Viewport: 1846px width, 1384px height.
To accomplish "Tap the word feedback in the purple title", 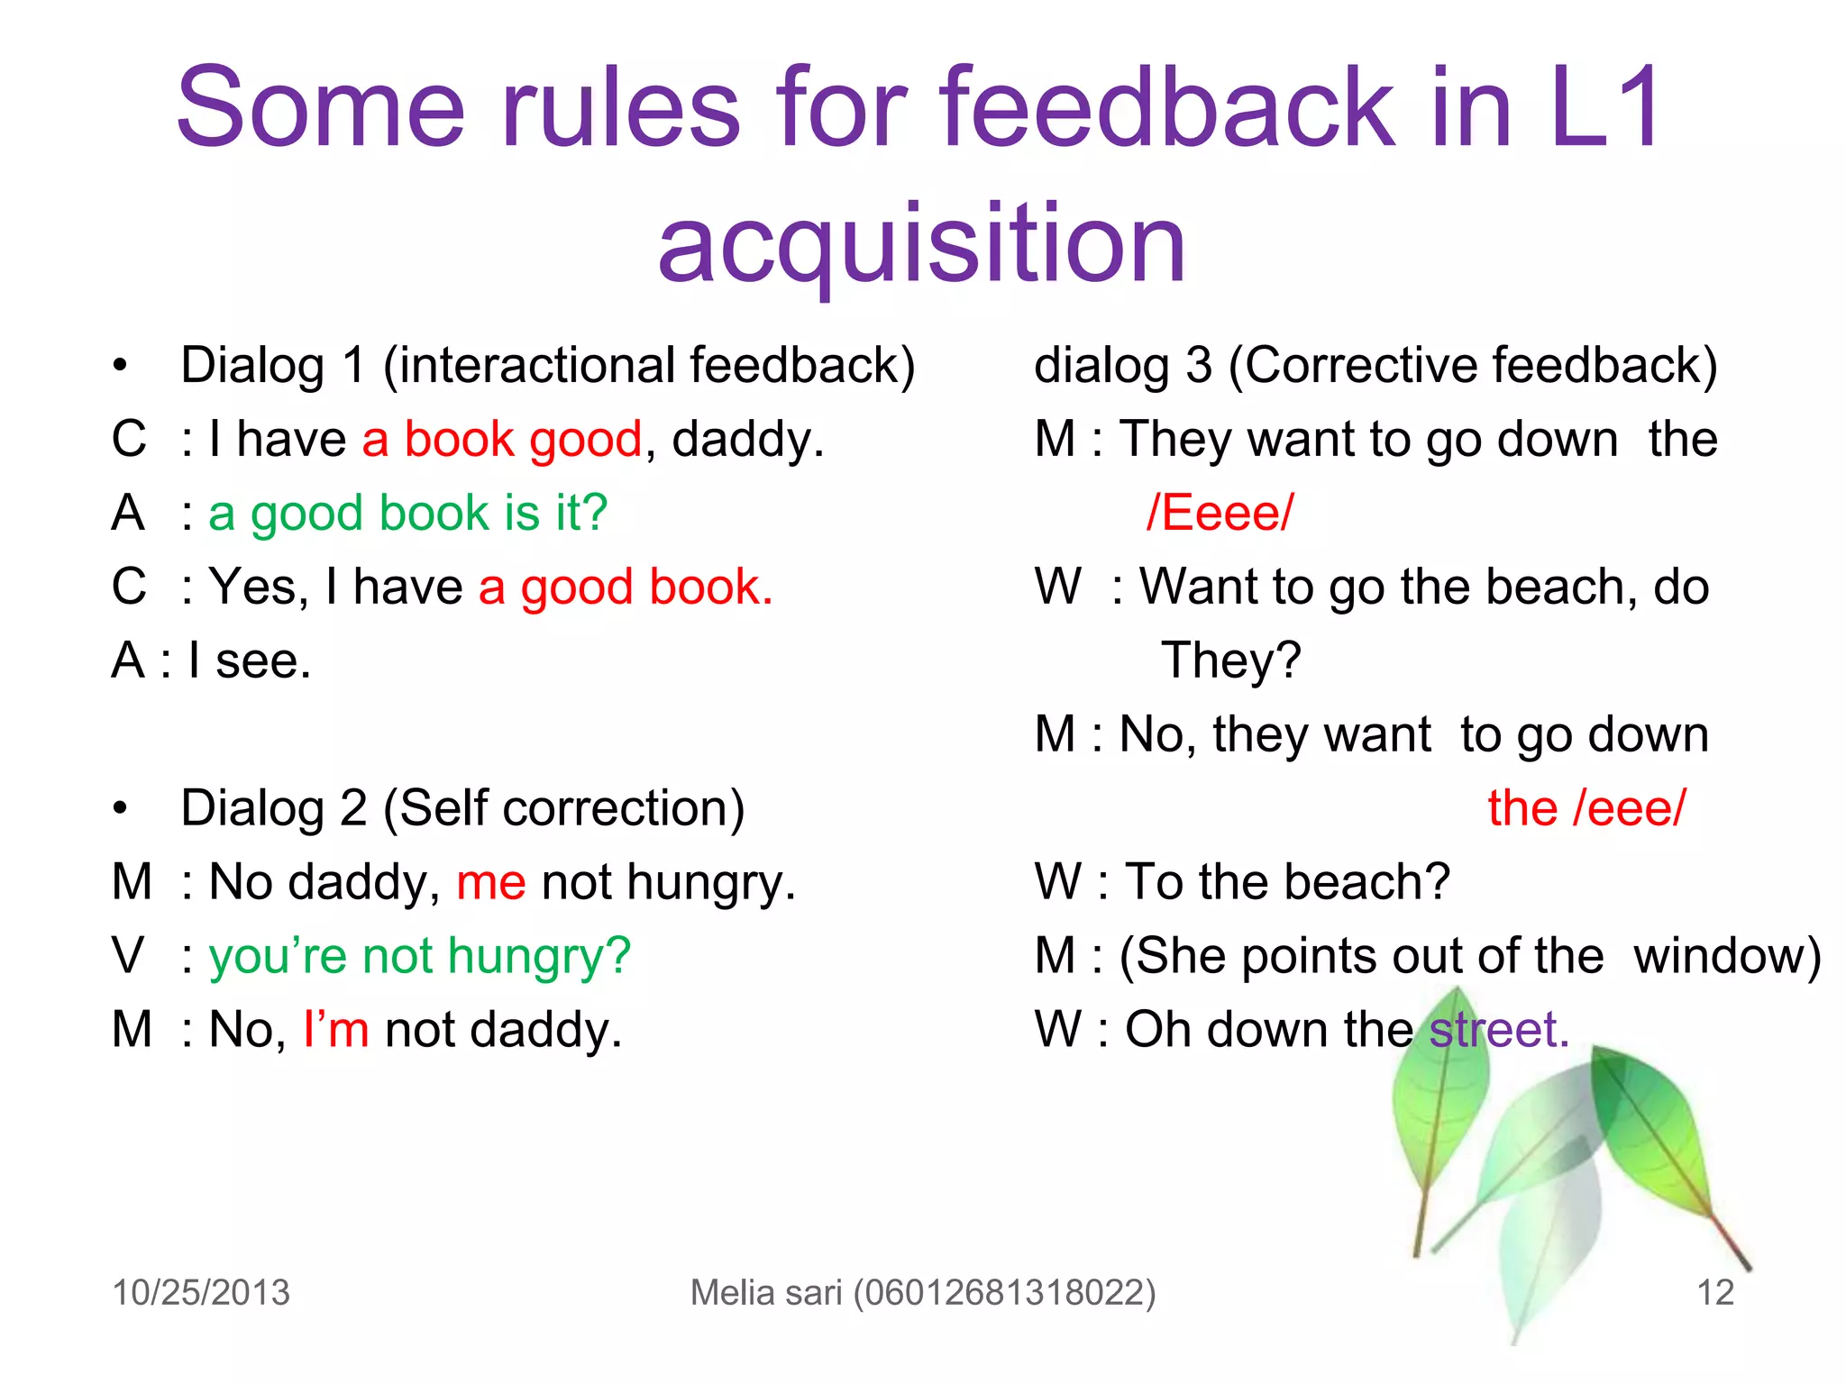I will point(1166,108).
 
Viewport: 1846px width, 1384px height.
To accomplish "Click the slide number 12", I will point(1715,1292).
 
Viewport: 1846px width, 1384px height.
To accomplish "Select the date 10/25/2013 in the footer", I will point(201,1292).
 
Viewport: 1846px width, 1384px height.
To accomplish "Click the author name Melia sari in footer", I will point(766,1292).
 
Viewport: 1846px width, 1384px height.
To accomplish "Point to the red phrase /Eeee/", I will point(1220,514).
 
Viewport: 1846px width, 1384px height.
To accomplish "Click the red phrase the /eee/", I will point(1586,808).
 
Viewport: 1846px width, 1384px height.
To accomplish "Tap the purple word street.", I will point(1499,1029).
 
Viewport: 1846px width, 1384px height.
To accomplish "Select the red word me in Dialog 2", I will point(490,882).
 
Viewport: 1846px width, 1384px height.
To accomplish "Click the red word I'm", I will point(336,1029).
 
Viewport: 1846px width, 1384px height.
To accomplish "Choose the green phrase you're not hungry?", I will point(419,956).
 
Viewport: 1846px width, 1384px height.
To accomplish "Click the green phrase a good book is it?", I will point(407,514).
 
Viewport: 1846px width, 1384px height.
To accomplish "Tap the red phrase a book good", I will point(502,440).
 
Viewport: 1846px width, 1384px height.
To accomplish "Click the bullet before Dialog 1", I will point(120,367).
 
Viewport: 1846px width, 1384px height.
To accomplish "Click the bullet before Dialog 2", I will point(120,809).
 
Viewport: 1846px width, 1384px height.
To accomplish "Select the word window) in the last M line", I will point(1726,956).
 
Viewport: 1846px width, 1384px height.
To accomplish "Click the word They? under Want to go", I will point(1230,660).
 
